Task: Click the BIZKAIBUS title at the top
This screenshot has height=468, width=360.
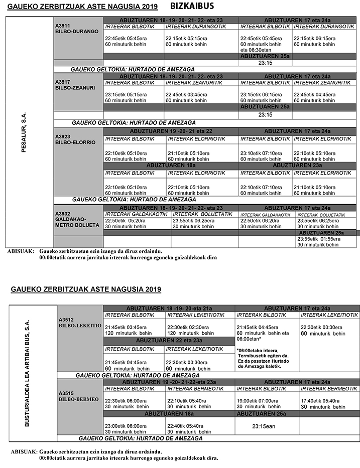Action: pos(192,6)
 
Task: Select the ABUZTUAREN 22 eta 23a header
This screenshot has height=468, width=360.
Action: pos(168,340)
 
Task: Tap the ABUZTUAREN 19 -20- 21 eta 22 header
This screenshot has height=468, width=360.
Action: pos(171,130)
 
